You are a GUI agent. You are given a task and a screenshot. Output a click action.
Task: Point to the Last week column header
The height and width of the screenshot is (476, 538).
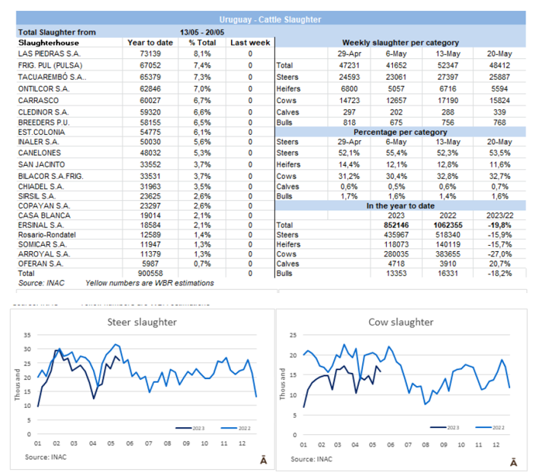[250, 43]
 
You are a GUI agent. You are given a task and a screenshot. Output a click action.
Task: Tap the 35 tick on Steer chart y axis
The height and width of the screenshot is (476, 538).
[27, 336]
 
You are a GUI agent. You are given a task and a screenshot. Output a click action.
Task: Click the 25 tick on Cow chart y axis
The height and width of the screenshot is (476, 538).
[292, 336]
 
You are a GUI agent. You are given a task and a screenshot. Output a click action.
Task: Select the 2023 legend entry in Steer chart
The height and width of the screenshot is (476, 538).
[189, 426]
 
